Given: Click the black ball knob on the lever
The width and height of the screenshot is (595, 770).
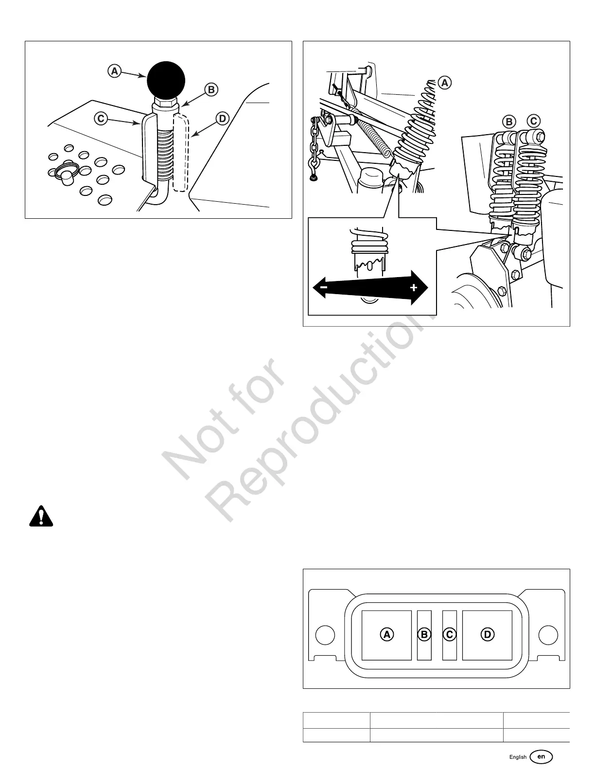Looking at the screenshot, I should pos(167,80).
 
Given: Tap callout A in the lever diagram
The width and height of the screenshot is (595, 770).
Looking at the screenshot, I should pos(114,71).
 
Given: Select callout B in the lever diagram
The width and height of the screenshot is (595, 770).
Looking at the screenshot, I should pos(210,89).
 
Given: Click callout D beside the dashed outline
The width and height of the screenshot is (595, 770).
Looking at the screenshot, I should pos(222,118).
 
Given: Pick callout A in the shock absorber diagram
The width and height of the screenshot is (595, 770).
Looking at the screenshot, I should pos(444,83).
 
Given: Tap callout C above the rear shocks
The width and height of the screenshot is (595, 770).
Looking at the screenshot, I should pos(533,121).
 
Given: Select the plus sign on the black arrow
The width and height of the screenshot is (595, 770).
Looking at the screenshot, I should pos(414,288).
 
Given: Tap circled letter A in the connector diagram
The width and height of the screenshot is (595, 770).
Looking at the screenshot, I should pos(387,634).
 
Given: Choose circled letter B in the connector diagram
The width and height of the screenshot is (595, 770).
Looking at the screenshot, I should pos(424,634).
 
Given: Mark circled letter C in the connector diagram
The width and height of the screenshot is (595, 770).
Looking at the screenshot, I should pos(449,634).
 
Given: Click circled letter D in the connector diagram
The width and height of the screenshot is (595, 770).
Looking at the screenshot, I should pos(487,634).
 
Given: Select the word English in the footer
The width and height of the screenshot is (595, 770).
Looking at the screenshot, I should pos(518,757).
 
